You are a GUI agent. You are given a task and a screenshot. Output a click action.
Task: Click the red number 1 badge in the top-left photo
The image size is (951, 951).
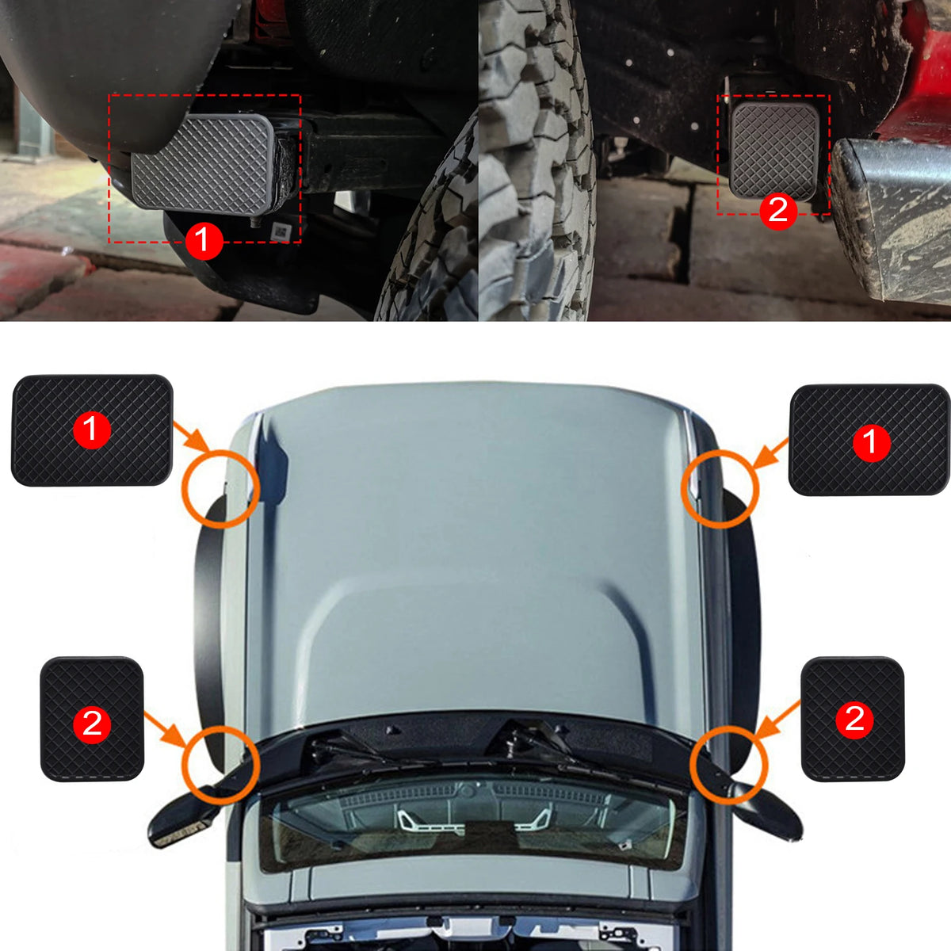[x=204, y=241]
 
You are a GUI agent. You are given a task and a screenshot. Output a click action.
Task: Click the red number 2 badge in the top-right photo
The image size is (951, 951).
[x=778, y=211]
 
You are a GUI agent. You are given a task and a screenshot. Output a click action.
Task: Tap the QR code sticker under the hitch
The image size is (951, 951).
[x=281, y=231]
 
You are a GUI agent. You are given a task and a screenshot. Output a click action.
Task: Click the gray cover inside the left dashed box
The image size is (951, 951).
[x=202, y=163]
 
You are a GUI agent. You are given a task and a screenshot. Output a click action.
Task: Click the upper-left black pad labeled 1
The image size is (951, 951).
[x=92, y=430]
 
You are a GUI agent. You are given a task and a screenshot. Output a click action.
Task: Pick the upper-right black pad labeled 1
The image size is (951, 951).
[x=869, y=440]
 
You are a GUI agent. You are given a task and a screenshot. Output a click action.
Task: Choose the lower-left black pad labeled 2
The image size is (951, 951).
[x=92, y=719]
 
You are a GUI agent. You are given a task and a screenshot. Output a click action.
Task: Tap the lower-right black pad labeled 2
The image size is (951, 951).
[x=853, y=719]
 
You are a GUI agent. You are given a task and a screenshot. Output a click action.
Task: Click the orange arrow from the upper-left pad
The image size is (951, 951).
[x=193, y=436]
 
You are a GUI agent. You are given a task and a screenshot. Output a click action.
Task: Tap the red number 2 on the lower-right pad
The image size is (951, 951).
[x=854, y=720]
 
